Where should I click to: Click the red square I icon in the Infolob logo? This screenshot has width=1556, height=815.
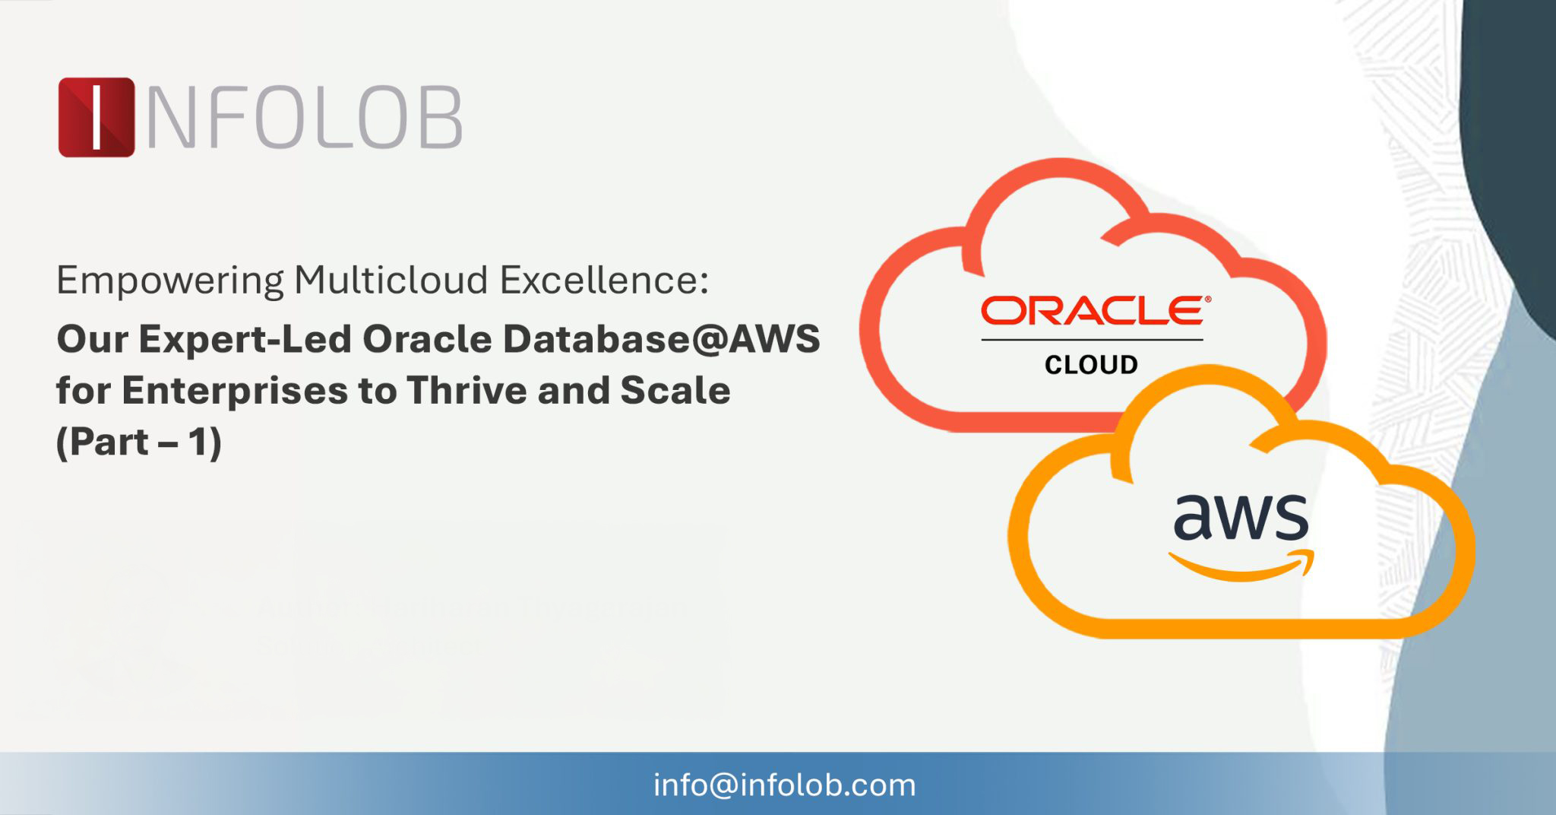click(x=96, y=117)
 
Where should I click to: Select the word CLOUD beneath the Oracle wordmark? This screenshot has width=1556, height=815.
click(x=1091, y=365)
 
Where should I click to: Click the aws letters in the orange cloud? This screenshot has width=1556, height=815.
click(x=1241, y=516)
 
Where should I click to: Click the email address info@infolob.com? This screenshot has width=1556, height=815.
click(x=785, y=785)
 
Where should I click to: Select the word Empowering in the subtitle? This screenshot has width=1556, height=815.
click(x=170, y=281)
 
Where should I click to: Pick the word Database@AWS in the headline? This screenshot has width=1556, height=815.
click(x=661, y=338)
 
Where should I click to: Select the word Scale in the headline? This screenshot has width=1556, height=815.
click(x=675, y=390)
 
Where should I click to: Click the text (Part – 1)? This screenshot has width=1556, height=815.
click(x=139, y=442)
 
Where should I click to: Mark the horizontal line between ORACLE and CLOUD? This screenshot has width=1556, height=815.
click(x=1092, y=340)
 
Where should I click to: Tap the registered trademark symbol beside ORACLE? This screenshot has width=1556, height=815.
click(x=1207, y=300)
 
